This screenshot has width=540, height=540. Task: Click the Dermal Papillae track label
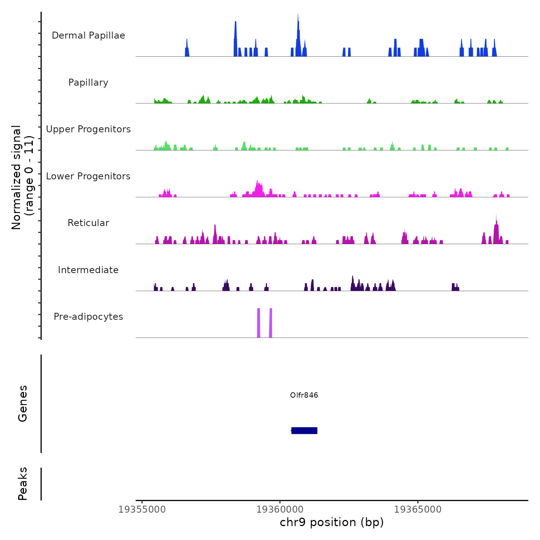[88, 35]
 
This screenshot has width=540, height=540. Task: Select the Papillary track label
[88, 83]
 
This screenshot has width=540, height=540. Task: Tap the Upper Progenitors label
[88, 129]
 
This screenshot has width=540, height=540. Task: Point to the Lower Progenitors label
[88, 176]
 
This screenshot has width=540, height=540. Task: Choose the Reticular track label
[88, 223]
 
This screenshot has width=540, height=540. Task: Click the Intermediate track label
[88, 270]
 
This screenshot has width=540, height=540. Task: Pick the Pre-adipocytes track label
[88, 317]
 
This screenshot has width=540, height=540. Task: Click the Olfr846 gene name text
[304, 395]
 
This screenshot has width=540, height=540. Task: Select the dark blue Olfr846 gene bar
[304, 430]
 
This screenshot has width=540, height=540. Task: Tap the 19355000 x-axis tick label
[142, 510]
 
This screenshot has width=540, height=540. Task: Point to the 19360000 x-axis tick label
[280, 510]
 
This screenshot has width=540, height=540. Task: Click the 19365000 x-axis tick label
[418, 510]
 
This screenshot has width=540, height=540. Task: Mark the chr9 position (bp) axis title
[332, 522]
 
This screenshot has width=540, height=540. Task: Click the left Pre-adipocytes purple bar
[259, 323]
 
